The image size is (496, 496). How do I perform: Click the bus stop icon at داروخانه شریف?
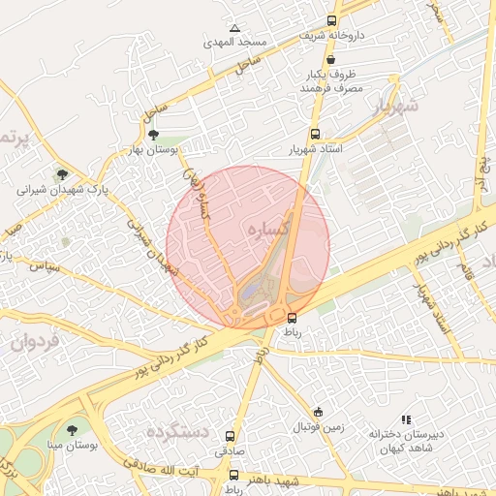332,20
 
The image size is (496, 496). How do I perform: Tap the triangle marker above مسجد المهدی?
234,28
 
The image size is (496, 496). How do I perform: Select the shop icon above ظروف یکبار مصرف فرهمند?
331,60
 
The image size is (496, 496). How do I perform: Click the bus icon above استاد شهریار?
314,136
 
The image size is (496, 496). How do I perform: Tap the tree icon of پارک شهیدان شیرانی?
63,175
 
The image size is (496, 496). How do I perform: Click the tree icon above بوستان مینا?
73,430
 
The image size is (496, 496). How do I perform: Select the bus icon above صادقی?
230,437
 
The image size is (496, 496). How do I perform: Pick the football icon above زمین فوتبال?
318,412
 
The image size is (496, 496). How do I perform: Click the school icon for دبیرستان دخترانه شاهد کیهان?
407,419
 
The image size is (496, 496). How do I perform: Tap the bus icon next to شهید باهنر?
233,476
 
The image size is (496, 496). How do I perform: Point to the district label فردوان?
36,341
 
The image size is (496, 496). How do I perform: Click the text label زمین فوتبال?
319,426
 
